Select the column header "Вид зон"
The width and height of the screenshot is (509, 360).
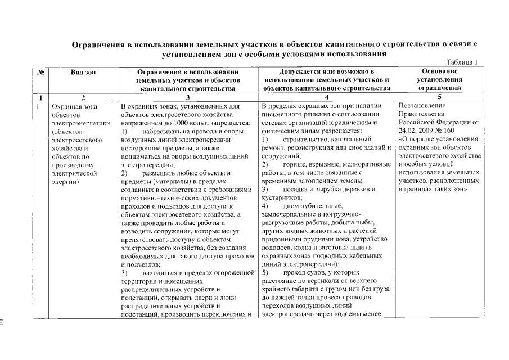[x=83, y=72]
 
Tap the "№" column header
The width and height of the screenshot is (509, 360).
[x=40, y=72]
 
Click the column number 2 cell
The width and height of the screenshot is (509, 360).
[x=83, y=97]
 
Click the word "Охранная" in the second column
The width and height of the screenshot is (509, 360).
[x=67, y=106]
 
